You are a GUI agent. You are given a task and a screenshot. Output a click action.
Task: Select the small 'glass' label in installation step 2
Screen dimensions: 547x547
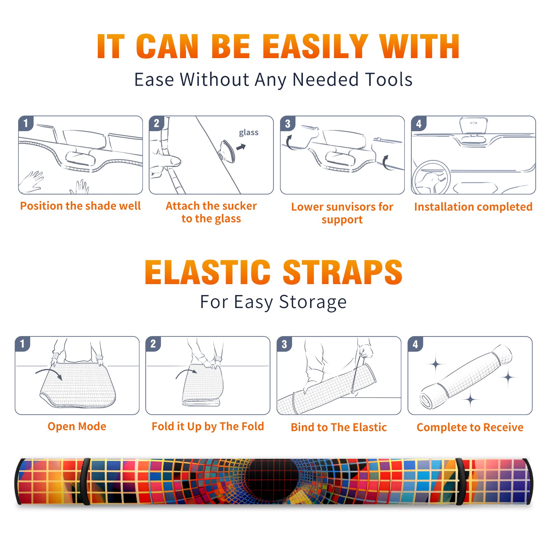(249, 133)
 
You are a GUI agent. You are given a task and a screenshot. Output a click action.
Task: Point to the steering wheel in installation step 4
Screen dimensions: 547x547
(431, 178)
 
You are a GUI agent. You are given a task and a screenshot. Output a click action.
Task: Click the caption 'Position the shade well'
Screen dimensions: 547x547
(80, 206)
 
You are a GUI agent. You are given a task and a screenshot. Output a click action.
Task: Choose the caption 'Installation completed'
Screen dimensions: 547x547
(473, 206)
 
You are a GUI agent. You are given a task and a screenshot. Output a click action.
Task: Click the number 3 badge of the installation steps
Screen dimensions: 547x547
(288, 123)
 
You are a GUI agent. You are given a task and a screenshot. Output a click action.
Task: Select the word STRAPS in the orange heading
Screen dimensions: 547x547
(343, 272)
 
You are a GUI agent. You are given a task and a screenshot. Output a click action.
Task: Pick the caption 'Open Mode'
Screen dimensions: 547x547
(77, 426)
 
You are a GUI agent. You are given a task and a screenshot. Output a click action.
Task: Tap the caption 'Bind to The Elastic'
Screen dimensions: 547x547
(338, 427)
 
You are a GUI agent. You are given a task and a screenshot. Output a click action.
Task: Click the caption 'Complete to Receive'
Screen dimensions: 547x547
(470, 427)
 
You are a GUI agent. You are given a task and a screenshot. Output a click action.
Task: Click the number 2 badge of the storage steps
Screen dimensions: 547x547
(153, 344)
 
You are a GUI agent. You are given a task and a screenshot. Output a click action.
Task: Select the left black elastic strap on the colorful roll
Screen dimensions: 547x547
(85, 481)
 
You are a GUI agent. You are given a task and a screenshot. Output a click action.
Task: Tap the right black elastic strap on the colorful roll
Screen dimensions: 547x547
(460, 481)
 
